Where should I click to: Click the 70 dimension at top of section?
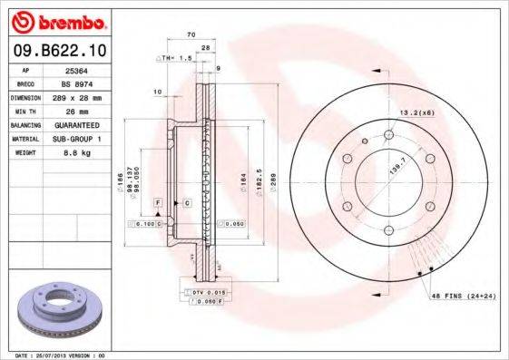click(x=191, y=34)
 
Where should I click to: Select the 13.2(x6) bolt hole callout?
click(x=416, y=112)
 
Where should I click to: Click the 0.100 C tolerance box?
click(x=145, y=223)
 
